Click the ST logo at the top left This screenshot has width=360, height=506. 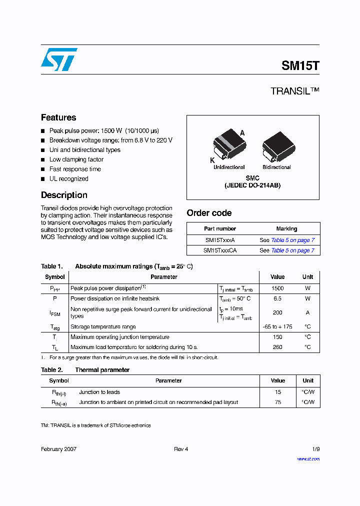[59, 59]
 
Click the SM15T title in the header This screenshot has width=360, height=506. [300, 65]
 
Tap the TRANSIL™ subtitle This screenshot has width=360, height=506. [294, 91]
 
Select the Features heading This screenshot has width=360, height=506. [58, 117]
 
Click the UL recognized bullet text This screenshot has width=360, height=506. [68, 178]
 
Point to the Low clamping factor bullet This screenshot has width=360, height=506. [76, 159]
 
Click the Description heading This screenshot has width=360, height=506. [64, 195]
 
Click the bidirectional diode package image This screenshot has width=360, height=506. [276, 146]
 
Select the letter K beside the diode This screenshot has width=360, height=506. [212, 160]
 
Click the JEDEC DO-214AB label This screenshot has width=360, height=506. [252, 185]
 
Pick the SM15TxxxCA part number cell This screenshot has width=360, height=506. [220, 250]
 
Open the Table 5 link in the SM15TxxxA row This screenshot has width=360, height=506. [292, 240]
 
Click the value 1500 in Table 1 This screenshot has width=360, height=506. [277, 288]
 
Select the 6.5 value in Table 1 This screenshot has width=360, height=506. [277, 298]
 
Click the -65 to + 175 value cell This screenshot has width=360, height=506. [277, 326]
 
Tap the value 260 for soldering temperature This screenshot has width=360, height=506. [277, 347]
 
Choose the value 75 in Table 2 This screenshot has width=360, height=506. [278, 402]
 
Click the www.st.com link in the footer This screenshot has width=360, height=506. [308, 458]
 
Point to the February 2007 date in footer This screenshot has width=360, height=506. [58, 449]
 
